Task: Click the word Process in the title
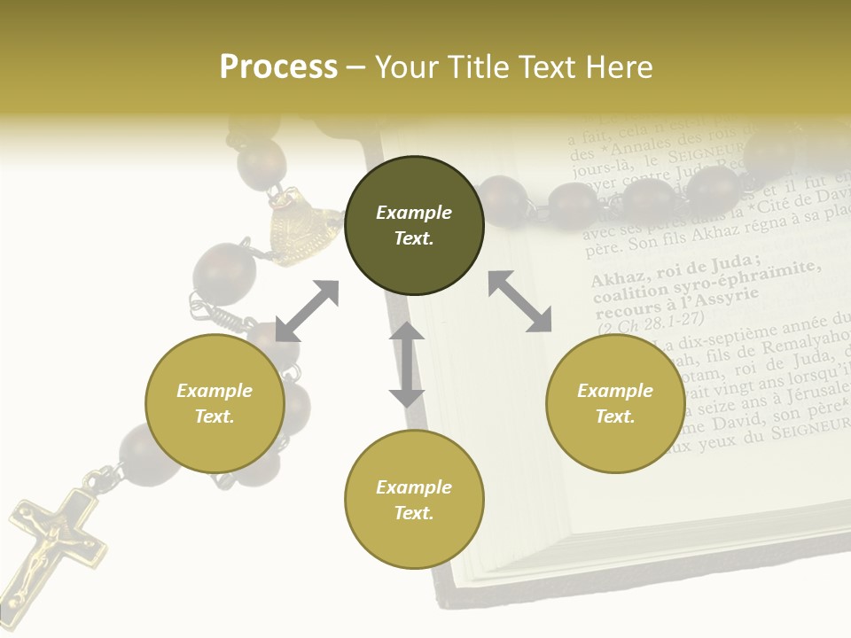pyautogui.click(x=278, y=67)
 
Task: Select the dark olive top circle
pyautogui.click(x=414, y=225)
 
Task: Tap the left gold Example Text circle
pyautogui.click(x=215, y=403)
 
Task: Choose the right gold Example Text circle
pyautogui.click(x=615, y=403)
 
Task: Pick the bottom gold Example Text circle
pyautogui.click(x=414, y=500)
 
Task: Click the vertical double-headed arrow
pyautogui.click(x=407, y=364)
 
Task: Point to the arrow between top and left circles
pyautogui.click(x=307, y=311)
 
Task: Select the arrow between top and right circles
pyautogui.click(x=519, y=301)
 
